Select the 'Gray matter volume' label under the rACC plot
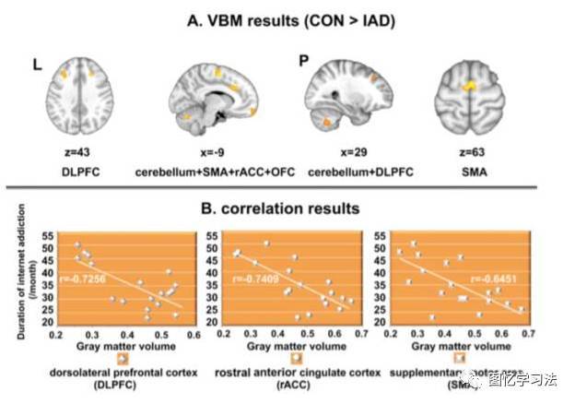[283, 347]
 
